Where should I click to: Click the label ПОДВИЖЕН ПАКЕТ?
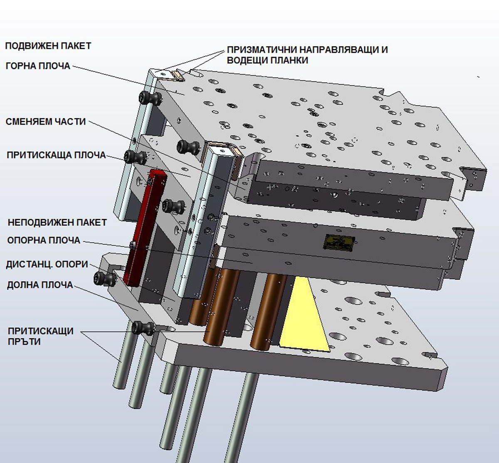48,46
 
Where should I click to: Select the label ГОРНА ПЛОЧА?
38,66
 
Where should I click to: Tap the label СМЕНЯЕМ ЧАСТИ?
46,122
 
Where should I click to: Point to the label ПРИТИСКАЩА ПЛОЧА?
56,155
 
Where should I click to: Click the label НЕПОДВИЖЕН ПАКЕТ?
57,222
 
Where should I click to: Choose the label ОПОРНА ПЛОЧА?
44,240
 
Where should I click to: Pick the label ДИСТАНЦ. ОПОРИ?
47,264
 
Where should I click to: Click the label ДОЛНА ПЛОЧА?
40,285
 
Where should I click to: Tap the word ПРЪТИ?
24,342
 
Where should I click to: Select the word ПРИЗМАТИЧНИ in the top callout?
262,50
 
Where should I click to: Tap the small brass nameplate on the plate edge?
339,242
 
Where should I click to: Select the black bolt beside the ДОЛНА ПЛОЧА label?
105,278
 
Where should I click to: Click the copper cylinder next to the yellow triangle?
268,310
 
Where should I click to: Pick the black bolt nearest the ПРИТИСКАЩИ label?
143,328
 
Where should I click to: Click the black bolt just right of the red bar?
174,207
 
